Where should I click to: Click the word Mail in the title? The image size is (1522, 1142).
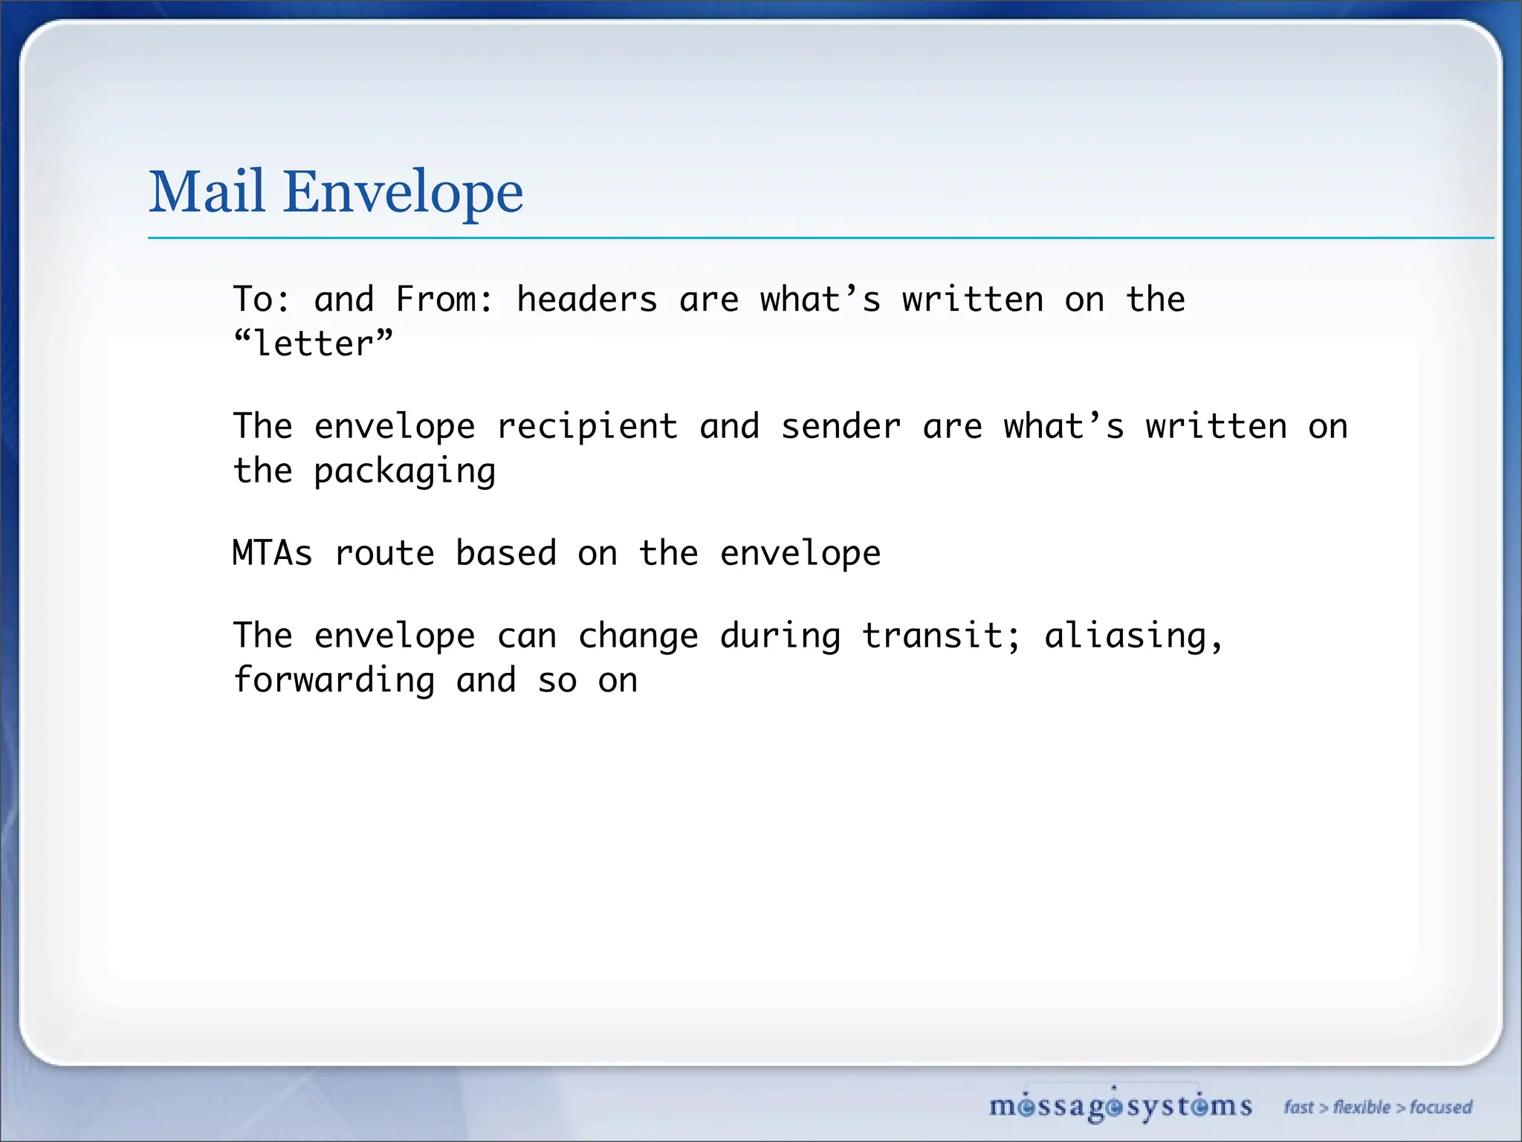(207, 192)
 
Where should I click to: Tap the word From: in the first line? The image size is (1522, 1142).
(444, 300)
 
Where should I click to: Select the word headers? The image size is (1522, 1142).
(587, 300)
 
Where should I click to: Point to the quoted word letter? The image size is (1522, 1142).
(313, 344)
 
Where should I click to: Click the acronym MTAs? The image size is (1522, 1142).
(273, 554)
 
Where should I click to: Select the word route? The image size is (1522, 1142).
(384, 554)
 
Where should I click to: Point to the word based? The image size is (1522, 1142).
(506, 554)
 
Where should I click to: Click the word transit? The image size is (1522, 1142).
(942, 636)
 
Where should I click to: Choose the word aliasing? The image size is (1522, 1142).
(1133, 636)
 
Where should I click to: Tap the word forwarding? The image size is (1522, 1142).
(334, 681)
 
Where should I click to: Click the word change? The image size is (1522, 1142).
(638, 636)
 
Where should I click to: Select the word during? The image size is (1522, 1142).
(780, 636)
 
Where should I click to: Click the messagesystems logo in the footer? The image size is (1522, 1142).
(1120, 1106)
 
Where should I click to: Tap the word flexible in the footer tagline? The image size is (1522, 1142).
(1361, 1107)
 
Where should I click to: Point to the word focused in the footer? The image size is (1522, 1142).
(1441, 1107)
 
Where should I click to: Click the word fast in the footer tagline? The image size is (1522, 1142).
(1299, 1107)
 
